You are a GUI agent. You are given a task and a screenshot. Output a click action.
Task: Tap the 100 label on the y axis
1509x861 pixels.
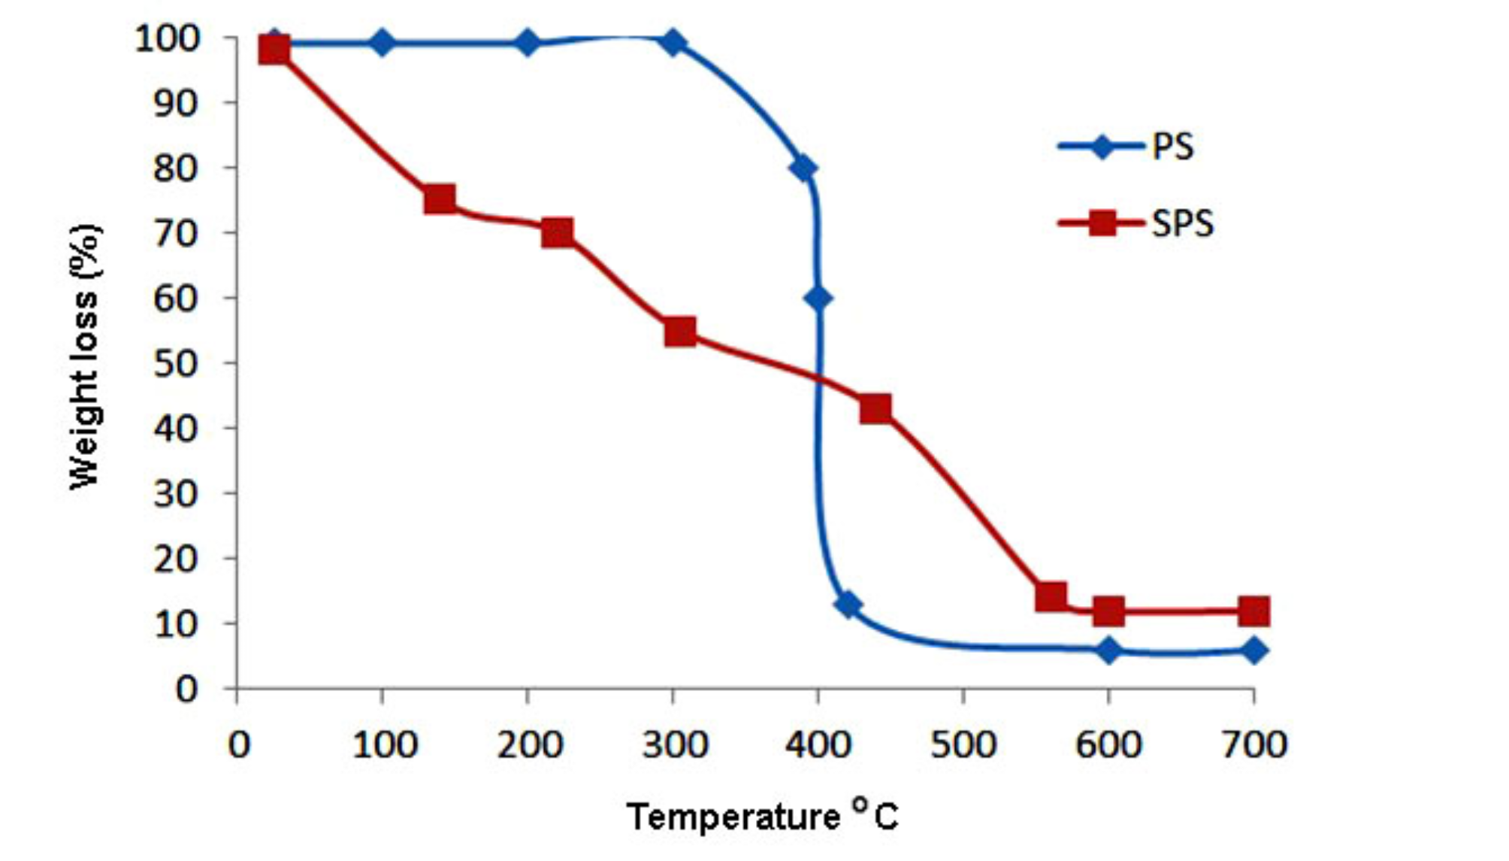coord(167,38)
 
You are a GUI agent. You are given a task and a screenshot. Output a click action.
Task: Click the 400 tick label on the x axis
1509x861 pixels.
coord(818,745)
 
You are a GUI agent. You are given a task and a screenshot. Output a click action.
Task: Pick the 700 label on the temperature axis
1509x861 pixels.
coord(1253,745)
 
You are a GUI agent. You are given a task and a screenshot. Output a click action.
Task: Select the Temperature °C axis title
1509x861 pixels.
coord(762,817)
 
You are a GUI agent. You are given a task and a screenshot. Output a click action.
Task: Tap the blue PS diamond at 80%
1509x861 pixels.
coord(803,169)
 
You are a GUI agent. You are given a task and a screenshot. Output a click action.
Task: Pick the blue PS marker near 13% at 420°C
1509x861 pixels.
coord(848,605)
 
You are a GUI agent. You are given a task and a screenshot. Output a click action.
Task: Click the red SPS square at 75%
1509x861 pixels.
coord(440,199)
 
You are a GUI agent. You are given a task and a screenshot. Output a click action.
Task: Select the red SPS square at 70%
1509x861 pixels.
coord(557,232)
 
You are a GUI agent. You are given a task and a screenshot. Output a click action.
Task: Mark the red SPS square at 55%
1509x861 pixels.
coord(680,332)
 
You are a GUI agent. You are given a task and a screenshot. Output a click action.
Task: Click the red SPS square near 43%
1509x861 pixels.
coord(875,409)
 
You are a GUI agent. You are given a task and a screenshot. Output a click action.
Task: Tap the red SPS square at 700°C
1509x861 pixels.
coord(1253,611)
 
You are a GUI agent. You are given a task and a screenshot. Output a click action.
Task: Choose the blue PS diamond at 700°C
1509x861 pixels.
coord(1253,650)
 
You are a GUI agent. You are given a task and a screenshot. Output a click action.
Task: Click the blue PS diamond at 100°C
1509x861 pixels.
coord(383,44)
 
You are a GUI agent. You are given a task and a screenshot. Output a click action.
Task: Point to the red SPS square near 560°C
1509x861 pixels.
coord(1051,597)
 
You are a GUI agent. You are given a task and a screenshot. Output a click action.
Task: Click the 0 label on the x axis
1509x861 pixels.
coord(238,745)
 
